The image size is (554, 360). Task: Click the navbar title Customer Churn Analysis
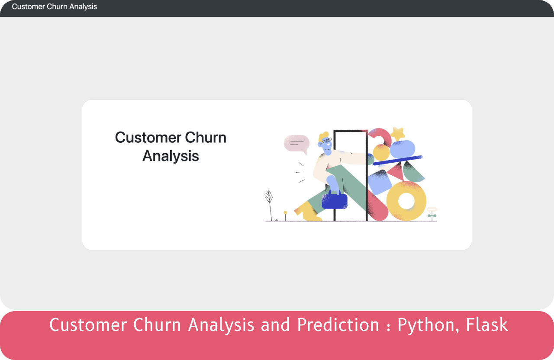[55, 6]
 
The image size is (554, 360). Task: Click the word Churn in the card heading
[206, 138]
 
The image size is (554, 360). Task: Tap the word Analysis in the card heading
[171, 156]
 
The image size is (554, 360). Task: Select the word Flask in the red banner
[487, 325]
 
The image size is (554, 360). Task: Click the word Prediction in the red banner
[338, 325]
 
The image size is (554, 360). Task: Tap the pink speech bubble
[296, 145]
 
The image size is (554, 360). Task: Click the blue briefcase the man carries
[335, 200]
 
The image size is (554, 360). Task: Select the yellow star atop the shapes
[398, 134]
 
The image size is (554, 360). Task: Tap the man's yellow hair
[323, 136]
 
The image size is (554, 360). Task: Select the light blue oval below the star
[403, 149]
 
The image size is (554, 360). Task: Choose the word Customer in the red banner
[88, 325]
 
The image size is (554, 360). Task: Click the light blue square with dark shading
[380, 183]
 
